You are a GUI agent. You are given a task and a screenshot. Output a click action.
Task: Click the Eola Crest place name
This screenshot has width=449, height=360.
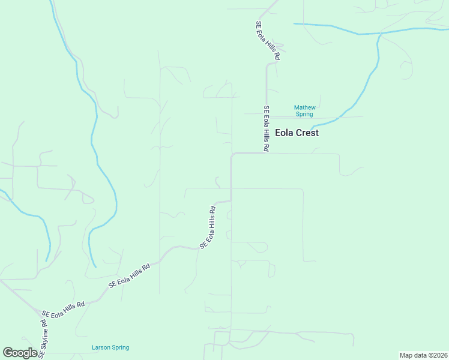[x=297, y=133]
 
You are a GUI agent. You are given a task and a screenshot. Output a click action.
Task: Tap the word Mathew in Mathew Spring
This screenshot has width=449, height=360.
[x=304, y=108]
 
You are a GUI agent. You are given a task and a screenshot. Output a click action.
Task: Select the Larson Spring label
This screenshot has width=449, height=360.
[x=110, y=347]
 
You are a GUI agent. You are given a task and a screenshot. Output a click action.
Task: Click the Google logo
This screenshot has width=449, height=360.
[x=20, y=353]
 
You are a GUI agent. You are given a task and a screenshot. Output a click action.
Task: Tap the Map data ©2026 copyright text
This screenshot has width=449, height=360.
[x=423, y=355]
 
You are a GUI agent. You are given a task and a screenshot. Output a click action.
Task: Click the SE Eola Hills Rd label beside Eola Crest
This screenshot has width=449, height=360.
[x=267, y=128]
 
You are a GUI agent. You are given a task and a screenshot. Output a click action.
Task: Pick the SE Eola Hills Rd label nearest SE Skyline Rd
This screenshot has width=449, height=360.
[x=63, y=309]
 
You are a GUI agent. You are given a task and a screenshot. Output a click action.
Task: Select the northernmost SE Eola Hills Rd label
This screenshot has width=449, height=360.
[x=268, y=40]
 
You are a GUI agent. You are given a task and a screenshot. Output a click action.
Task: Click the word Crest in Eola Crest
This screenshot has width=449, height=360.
[x=308, y=133]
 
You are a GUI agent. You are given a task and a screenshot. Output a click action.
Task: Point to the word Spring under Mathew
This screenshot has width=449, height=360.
[x=304, y=114]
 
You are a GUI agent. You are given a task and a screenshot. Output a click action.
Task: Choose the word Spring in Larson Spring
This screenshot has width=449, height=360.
[x=120, y=347]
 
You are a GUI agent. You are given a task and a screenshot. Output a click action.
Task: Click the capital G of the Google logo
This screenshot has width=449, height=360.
[x=8, y=352]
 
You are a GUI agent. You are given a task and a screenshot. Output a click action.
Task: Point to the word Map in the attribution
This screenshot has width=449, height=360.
[x=405, y=355]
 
